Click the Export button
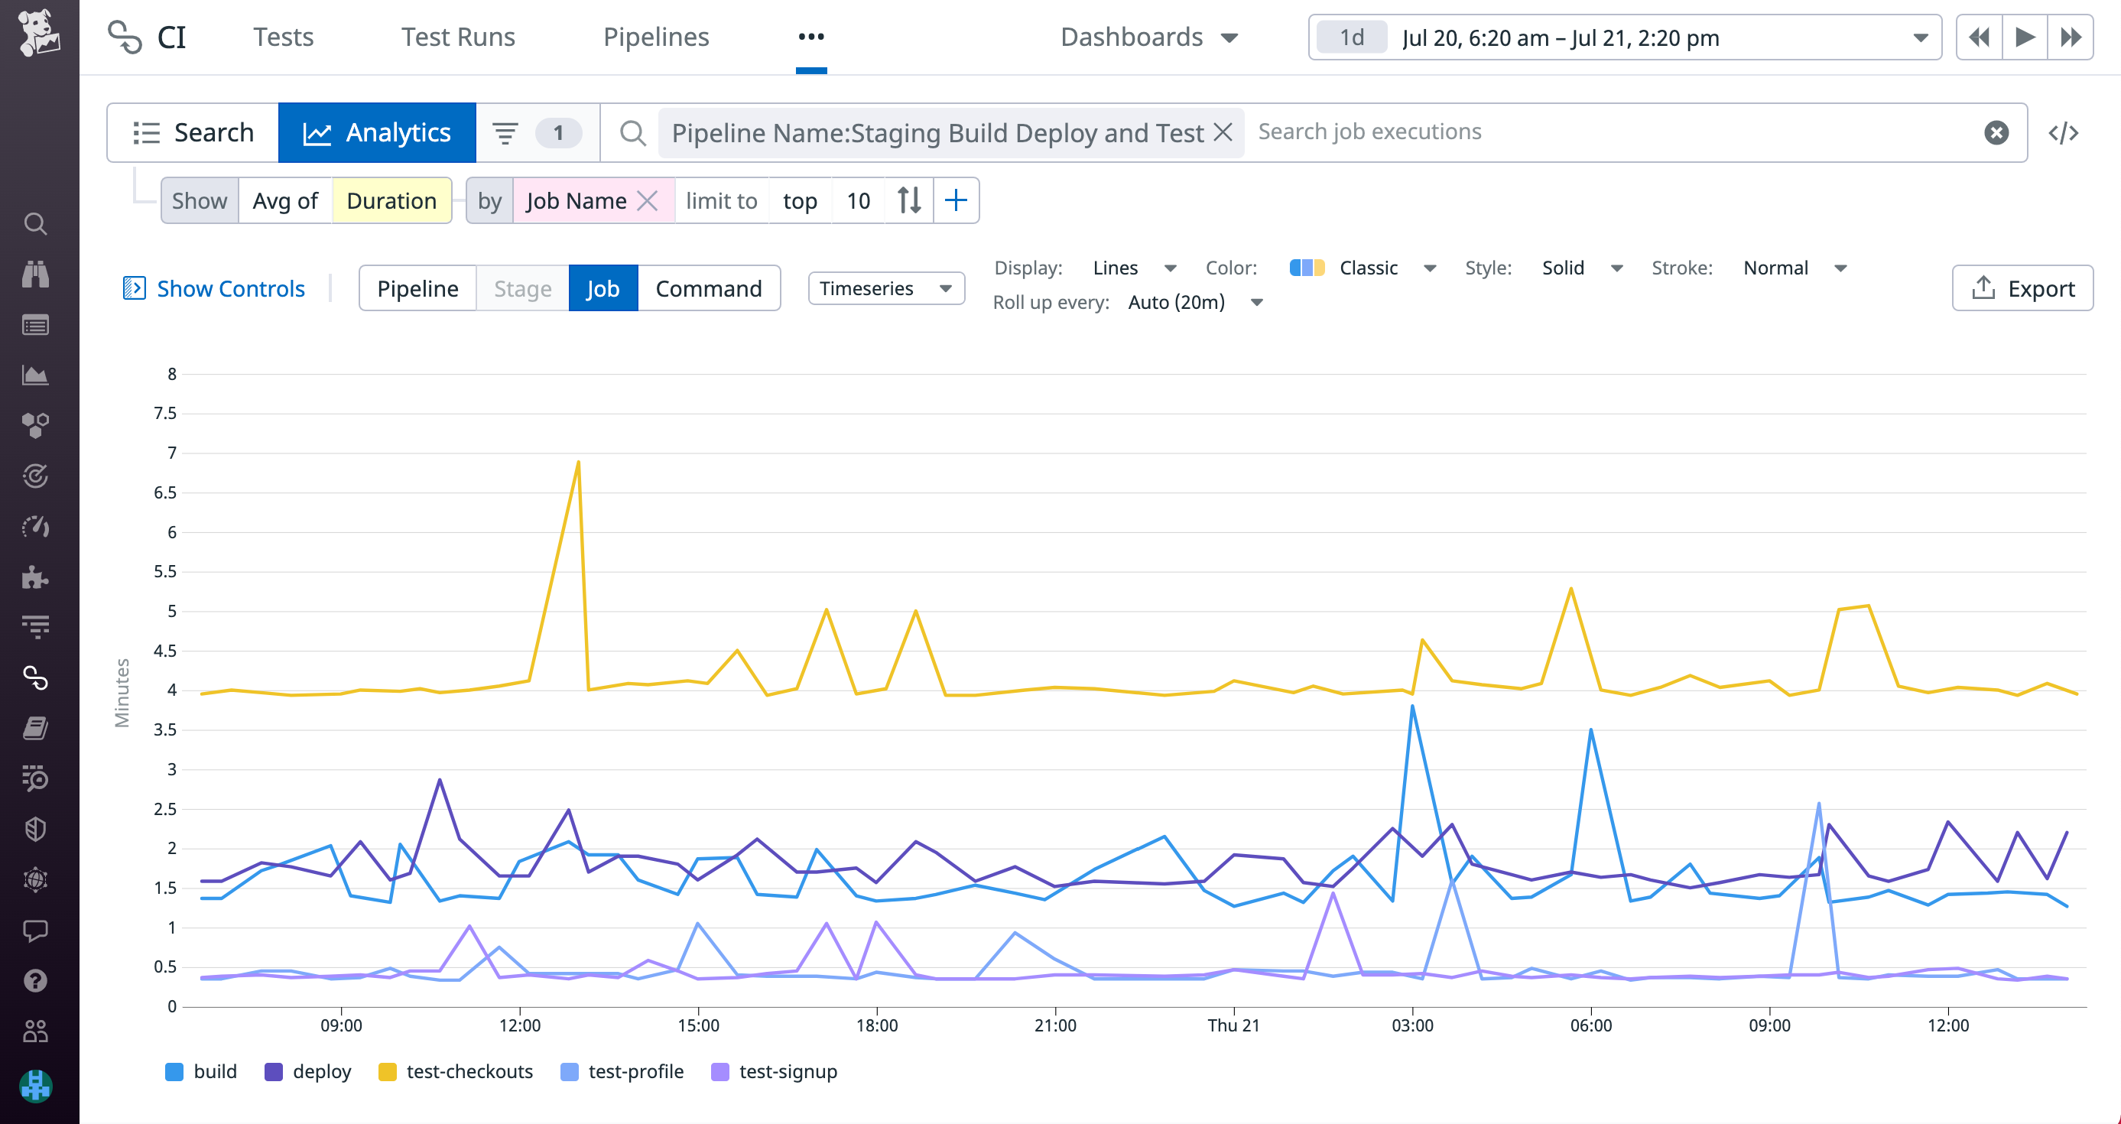tap(2022, 288)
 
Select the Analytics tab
tap(377, 132)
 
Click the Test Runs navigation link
tap(458, 37)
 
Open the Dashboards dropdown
tap(1148, 37)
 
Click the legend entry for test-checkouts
tap(456, 1071)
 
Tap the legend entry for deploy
tap(308, 1071)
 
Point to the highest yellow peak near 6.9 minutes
tap(578, 463)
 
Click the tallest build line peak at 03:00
tap(1412, 707)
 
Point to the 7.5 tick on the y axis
tap(165, 414)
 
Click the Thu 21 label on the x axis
tap(1233, 1025)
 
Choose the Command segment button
tap(708, 288)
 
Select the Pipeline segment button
tap(417, 288)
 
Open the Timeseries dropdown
tap(886, 288)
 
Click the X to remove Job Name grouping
tap(648, 201)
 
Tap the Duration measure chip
tap(391, 201)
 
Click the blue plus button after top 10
tap(955, 201)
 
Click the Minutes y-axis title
tap(122, 693)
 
